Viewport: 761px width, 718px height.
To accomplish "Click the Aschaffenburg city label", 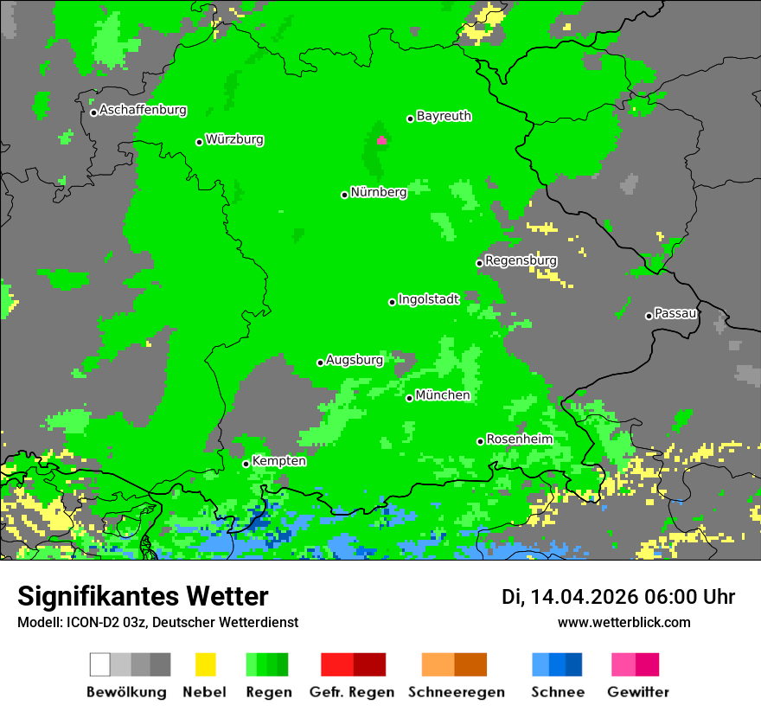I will (x=143, y=111).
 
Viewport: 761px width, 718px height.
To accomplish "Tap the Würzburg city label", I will (x=234, y=140).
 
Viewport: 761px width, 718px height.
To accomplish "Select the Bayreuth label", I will (x=444, y=116).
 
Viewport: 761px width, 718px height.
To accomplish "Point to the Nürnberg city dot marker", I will (x=344, y=195).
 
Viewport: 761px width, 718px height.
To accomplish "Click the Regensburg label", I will (x=521, y=260).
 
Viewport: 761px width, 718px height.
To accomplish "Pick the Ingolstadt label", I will (x=429, y=299).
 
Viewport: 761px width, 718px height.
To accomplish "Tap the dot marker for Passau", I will (x=649, y=316).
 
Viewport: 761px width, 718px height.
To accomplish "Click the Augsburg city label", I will (x=355, y=361).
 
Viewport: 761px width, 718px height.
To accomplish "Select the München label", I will (x=443, y=395).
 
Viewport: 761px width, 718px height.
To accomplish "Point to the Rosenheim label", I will (x=519, y=439).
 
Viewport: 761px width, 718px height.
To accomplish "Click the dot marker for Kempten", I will (x=246, y=464).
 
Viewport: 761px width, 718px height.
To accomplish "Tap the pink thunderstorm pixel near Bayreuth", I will (x=381, y=140).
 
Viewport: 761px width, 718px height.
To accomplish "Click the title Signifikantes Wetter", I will (x=143, y=596).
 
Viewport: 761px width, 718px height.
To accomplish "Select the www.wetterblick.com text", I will (x=624, y=622).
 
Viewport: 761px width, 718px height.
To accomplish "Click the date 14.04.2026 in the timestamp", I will (x=585, y=597).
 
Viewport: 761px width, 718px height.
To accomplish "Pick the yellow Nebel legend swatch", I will (x=205, y=664).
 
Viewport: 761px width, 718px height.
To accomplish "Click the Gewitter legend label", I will (x=638, y=692).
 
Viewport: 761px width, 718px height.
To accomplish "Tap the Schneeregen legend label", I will (x=457, y=692).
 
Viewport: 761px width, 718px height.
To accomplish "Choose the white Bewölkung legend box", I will (x=100, y=664).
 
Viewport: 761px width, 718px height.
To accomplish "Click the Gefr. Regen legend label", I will (x=352, y=692).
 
